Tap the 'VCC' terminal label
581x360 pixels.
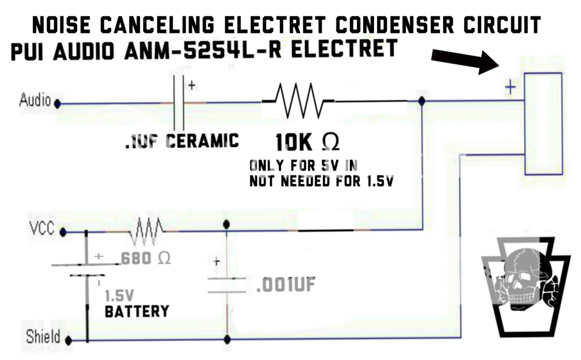(41, 229)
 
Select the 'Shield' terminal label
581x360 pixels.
(43, 336)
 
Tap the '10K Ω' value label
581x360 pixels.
(307, 143)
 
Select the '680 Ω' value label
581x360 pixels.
(146, 258)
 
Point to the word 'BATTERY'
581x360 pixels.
(137, 311)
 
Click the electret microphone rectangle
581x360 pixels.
(543, 123)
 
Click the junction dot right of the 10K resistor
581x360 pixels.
(422, 101)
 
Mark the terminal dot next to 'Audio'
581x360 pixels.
(57, 104)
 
